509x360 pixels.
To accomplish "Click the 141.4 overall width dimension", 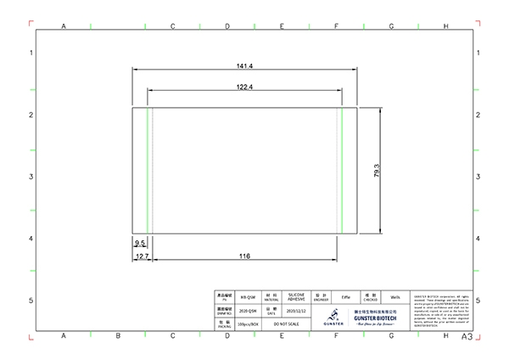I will coord(245,65).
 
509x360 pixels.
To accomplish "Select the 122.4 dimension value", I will coord(244,87).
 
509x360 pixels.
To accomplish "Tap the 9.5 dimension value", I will coord(139,243).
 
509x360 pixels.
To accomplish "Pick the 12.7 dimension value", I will coord(142,256).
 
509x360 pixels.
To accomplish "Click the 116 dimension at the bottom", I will coord(244,256).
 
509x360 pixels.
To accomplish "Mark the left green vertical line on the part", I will coord(148,170).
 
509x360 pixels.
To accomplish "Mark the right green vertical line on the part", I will coord(341,170).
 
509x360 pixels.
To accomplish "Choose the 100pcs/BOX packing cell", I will coord(248,324).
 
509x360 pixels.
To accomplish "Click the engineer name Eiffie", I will coord(346,298).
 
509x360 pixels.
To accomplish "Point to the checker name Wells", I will coord(394,298).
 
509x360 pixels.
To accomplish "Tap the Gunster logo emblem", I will coord(333,315).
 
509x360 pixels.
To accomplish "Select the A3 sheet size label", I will coord(467,337).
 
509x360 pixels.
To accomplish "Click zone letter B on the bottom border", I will coord(118,336).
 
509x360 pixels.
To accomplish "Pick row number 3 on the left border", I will coord(31,177).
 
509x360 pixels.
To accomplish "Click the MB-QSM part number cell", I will coord(248,298).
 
